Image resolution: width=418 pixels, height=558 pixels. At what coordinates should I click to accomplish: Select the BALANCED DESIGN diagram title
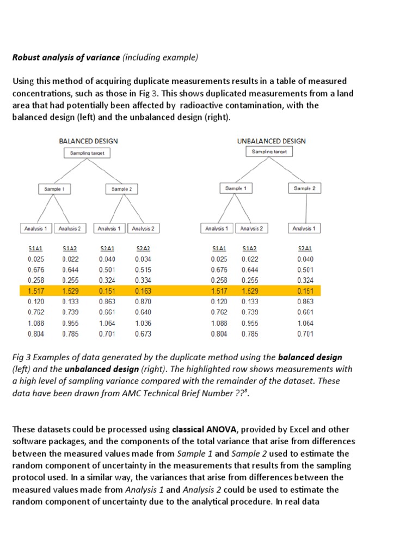tap(88, 141)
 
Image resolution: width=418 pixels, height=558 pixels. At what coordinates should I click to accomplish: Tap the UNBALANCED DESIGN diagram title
tap(272, 141)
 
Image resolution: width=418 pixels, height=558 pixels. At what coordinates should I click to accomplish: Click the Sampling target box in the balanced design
tap(88, 153)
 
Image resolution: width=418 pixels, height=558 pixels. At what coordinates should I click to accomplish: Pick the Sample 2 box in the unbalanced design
tap(304, 188)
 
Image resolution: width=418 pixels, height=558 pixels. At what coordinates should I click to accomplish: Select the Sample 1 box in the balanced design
tap(54, 189)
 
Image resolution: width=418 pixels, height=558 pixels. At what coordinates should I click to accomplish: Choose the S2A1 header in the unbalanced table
tap(305, 248)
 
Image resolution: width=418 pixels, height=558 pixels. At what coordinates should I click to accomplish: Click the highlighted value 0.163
tap(143, 290)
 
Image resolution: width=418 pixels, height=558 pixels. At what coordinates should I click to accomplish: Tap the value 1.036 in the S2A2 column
tap(143, 322)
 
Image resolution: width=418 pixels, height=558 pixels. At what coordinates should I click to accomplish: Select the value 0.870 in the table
tap(143, 301)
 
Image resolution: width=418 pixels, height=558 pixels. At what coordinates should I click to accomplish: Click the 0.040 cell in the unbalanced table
tap(305, 259)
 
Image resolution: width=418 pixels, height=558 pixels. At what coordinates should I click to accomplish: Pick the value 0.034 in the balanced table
tap(143, 259)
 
